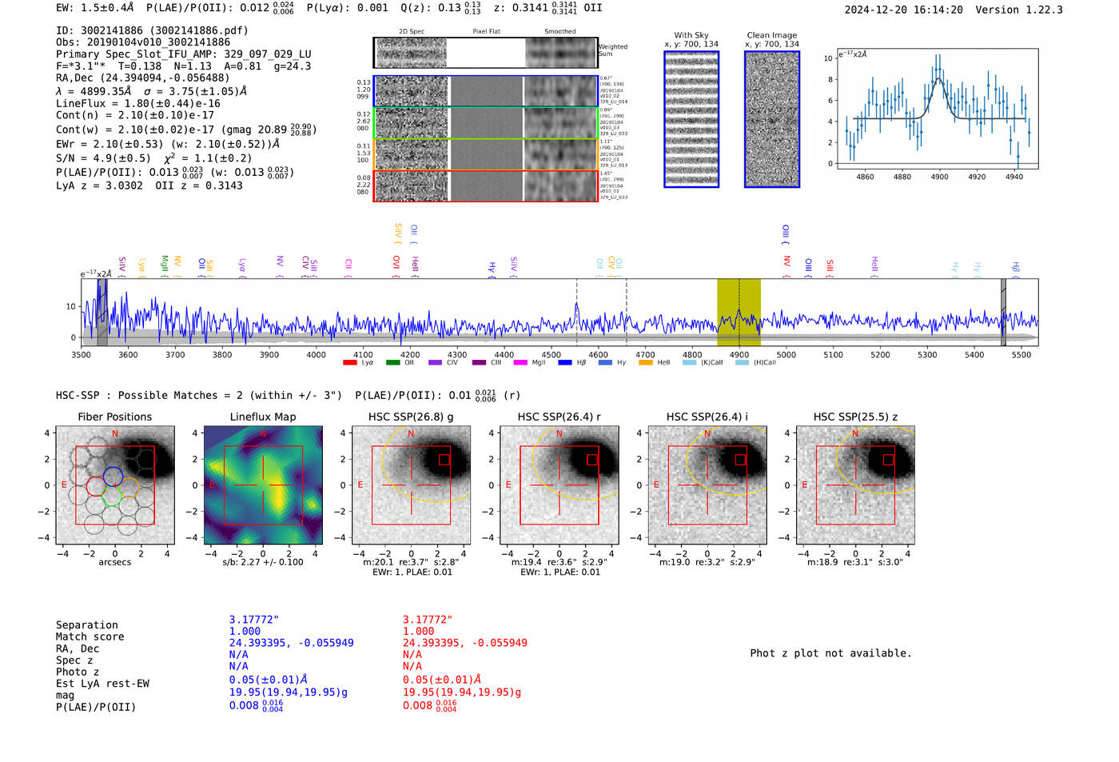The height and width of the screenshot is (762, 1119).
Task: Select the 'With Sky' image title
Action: point(691,35)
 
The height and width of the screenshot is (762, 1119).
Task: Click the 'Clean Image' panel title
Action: point(771,35)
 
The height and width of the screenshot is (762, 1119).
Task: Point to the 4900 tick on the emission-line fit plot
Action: point(939,177)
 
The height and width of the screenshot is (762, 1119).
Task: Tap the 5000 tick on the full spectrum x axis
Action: point(786,354)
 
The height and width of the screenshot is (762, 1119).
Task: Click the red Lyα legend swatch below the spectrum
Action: point(349,363)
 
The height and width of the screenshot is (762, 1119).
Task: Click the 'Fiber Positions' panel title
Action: point(114,417)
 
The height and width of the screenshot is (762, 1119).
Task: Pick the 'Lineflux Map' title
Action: point(262,417)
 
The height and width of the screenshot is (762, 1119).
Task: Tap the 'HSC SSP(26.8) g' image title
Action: point(411,417)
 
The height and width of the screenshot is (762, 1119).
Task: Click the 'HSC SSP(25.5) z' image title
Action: point(855,417)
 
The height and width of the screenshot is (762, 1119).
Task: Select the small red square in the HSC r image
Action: point(592,459)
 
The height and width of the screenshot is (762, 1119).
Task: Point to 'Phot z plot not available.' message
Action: point(830,653)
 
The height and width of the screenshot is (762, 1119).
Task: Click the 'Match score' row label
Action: point(90,637)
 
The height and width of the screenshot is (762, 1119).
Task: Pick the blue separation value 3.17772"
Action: point(253,620)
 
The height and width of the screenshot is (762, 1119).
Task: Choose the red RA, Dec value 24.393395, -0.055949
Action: point(464,643)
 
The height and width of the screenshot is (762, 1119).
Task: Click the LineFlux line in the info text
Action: point(137,104)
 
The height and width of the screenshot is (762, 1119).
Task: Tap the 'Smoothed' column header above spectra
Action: point(559,32)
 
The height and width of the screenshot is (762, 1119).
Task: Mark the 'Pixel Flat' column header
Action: point(486,32)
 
